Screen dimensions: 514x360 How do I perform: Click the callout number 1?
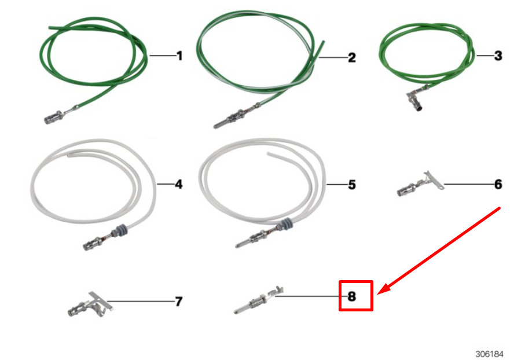click(179, 56)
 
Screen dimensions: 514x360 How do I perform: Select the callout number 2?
click(351, 57)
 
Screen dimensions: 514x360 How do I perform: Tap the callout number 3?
click(498, 56)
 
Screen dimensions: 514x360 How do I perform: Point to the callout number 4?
click(178, 185)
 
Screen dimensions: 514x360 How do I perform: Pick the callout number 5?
click(351, 185)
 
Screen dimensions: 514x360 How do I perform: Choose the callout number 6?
click(498, 185)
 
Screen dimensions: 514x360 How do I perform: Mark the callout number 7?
click(179, 301)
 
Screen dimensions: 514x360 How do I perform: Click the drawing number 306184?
click(490, 354)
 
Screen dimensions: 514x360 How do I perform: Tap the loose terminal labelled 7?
click(87, 305)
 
